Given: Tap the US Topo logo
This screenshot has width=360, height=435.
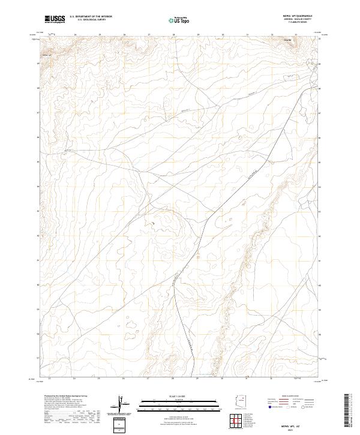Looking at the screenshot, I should (180, 20).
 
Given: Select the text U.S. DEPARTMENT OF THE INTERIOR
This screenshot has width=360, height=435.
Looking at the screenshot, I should (91, 17).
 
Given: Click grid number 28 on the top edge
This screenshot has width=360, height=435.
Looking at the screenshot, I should (173, 35).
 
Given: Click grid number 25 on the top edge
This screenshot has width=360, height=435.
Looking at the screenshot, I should (99, 35).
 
